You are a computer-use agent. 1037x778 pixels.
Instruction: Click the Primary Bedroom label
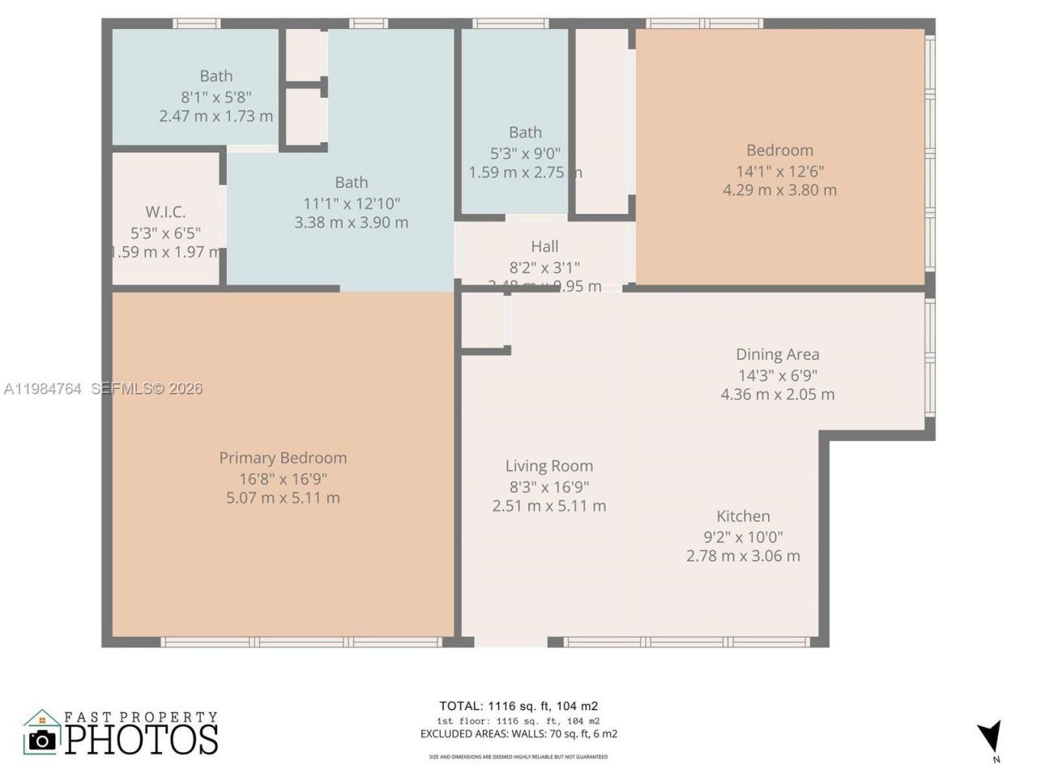pos(283,458)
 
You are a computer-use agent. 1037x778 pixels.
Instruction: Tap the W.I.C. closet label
pos(165,212)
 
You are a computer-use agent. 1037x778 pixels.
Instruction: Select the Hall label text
pos(544,246)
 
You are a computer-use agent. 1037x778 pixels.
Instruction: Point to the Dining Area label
pos(777,354)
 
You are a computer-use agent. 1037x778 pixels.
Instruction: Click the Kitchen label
pos(743,516)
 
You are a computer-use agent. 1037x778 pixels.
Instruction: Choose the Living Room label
pos(549,466)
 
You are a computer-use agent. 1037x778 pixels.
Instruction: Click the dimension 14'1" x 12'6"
pos(779,171)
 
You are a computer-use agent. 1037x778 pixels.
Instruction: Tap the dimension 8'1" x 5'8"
pos(216,96)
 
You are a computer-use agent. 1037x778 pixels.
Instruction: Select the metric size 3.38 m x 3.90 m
pos(352,222)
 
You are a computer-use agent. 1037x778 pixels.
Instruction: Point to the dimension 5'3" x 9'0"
pos(525,152)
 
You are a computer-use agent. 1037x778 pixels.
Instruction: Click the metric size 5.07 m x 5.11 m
pos(283,498)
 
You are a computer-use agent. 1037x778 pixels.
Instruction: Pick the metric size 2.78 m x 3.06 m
pos(743,556)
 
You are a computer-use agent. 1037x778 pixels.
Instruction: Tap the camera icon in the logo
pos(42,739)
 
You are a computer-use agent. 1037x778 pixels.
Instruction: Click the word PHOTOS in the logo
pos(142,739)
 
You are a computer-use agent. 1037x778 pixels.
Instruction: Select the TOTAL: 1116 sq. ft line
pos(518,706)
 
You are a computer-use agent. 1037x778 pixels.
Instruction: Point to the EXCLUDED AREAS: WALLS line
pos(518,734)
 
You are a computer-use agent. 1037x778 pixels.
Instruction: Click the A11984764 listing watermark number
pos(42,389)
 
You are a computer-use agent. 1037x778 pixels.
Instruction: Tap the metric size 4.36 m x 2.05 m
pos(777,395)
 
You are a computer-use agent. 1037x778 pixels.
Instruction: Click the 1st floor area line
pos(518,720)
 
